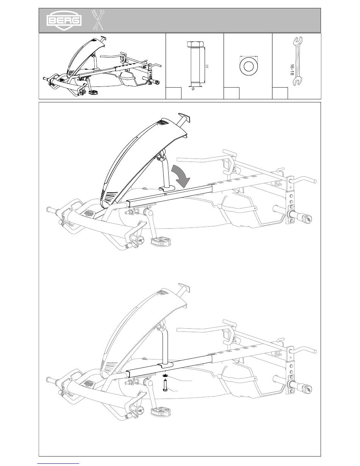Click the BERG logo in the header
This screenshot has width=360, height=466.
64,21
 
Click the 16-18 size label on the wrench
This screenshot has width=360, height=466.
291,70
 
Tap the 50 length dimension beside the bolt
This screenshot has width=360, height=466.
207,66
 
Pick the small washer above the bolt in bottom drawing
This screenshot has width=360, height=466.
166,375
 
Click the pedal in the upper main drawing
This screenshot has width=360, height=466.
161,241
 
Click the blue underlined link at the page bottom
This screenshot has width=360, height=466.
58,463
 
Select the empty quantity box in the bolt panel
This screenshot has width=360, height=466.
174,93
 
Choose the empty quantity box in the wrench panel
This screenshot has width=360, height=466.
280,93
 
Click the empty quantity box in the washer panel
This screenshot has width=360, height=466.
232,93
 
